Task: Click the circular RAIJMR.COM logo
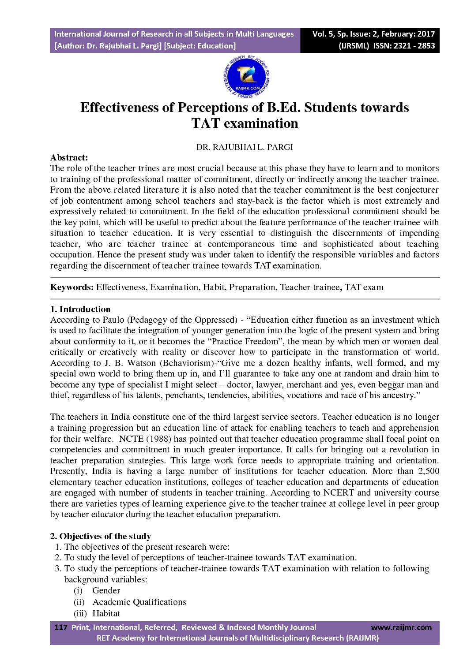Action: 246,77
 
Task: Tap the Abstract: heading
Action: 69,157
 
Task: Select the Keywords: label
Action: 72,287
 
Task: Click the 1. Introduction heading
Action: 80,309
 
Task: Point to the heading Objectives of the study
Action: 105,536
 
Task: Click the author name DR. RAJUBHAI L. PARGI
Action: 245,147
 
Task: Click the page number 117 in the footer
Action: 60,627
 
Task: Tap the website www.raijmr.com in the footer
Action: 401,627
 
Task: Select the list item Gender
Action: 106,591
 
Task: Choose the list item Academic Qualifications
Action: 139,602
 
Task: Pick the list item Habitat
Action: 106,614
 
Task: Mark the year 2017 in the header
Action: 426,34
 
